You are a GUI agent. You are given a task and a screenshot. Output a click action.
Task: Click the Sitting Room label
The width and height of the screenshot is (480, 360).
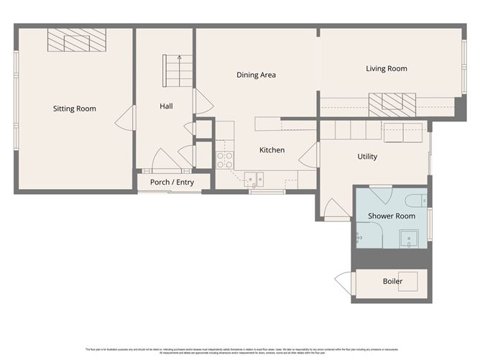[74, 109]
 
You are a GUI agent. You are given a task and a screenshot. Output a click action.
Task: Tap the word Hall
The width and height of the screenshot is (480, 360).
[166, 106]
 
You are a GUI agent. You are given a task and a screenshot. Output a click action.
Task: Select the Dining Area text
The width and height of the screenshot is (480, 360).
[257, 75]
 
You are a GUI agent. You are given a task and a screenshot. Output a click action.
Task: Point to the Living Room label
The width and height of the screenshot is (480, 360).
[386, 69]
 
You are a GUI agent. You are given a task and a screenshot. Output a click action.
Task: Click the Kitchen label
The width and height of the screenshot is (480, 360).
[272, 150]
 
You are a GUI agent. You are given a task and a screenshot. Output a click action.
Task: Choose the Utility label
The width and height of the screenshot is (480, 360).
[367, 157]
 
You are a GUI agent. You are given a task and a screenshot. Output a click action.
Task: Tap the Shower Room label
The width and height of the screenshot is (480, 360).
[391, 216]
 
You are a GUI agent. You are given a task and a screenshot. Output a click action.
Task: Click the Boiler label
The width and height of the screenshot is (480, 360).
[392, 281]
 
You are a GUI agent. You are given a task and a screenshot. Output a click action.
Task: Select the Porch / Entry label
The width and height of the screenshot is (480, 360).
[172, 183]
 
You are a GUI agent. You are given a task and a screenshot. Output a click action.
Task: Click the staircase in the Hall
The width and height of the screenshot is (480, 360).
[179, 69]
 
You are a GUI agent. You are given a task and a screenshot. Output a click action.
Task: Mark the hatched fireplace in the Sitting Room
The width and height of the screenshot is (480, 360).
[76, 40]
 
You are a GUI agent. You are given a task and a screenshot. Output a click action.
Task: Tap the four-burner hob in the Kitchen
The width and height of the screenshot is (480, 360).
[225, 160]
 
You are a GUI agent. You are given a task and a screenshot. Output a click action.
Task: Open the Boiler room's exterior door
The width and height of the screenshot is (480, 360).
[343, 282]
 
